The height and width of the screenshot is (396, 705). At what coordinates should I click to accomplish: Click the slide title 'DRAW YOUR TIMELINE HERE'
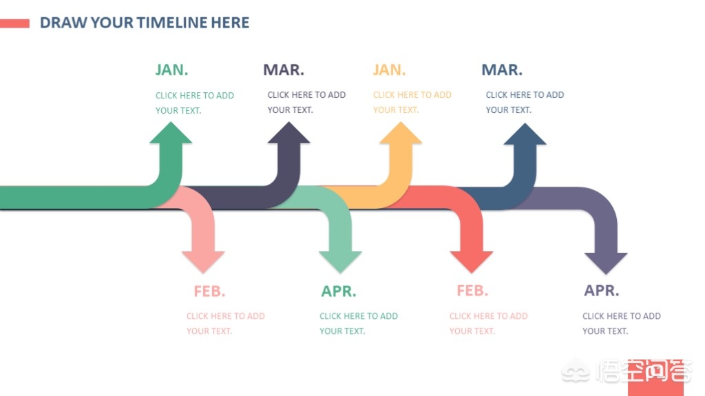click(x=145, y=23)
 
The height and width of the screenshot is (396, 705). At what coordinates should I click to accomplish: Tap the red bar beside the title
click(x=14, y=23)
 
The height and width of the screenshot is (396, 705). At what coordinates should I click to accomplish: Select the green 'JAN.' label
click(x=171, y=70)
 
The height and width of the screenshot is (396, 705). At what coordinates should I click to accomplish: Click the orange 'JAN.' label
click(x=390, y=70)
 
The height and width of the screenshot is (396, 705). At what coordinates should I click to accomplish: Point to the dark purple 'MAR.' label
click(x=284, y=70)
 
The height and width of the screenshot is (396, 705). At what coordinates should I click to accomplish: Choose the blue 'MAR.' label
click(x=502, y=70)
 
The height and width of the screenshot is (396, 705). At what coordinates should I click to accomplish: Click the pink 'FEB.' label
click(x=209, y=291)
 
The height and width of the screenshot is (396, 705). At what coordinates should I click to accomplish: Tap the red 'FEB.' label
click(x=472, y=291)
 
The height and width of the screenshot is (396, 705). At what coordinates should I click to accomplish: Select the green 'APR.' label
click(x=339, y=291)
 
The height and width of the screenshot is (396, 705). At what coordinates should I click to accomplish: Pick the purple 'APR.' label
click(x=602, y=291)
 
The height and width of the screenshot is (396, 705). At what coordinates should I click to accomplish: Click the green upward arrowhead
click(x=171, y=133)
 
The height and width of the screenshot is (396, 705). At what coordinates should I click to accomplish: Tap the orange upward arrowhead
click(x=401, y=133)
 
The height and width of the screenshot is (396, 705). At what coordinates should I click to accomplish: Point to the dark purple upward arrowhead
click(x=288, y=133)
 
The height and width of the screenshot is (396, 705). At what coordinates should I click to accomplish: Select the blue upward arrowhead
click(x=525, y=134)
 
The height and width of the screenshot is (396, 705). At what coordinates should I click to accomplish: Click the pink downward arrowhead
click(x=203, y=262)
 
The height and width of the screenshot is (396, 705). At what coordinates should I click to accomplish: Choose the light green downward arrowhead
click(x=340, y=262)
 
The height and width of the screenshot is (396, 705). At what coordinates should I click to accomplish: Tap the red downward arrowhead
click(x=472, y=262)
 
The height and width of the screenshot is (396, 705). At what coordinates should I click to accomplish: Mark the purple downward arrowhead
click(x=606, y=263)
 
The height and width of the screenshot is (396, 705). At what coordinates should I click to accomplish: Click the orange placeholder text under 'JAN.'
click(x=412, y=102)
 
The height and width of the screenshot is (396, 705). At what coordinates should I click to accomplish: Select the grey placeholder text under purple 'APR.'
click(x=622, y=324)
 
